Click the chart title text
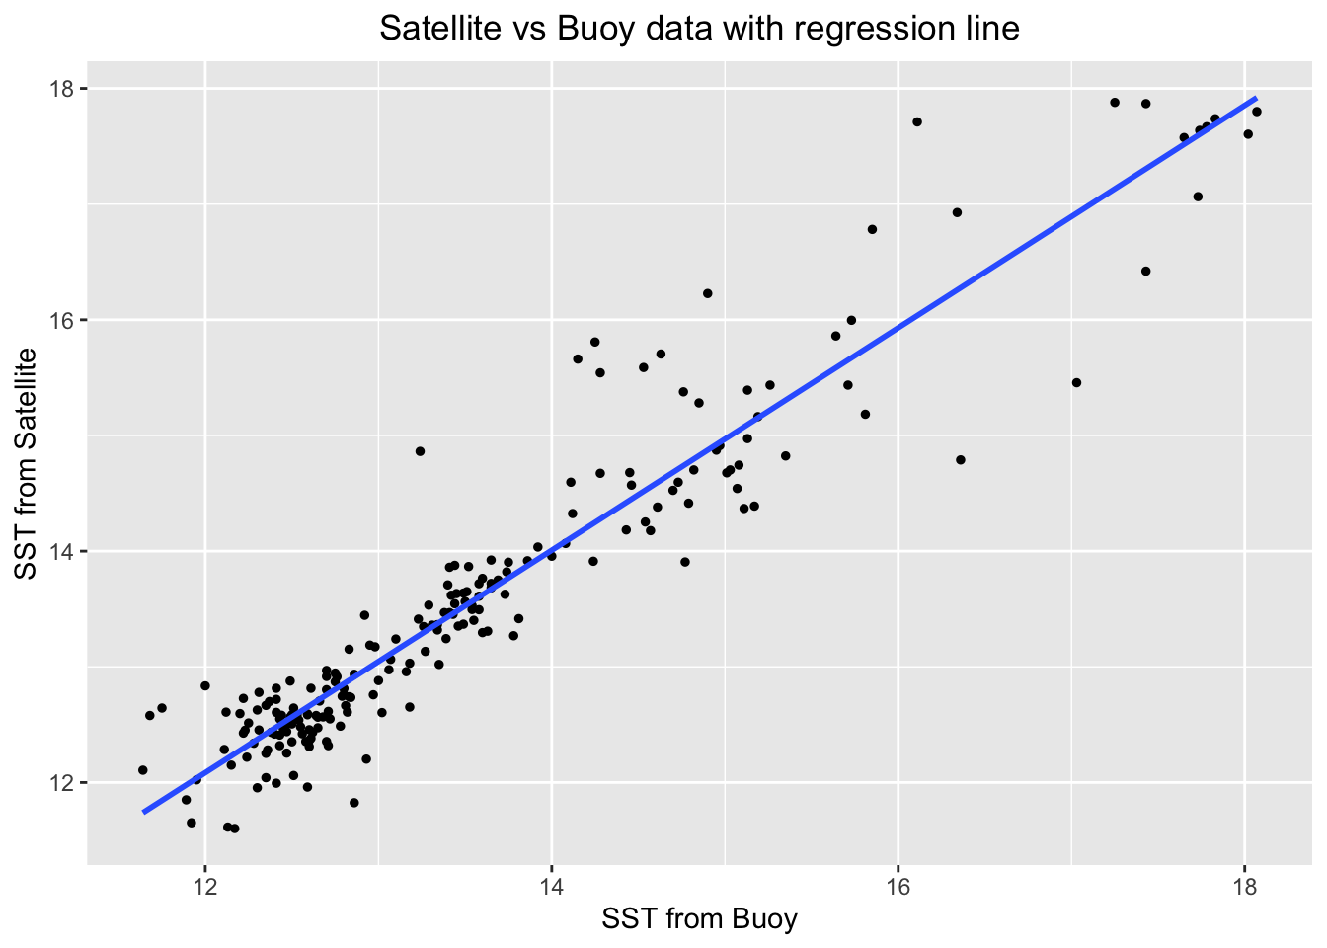[x=699, y=29]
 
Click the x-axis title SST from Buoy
[x=699, y=920]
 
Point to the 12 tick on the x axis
[x=204, y=883]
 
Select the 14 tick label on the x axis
[x=551, y=883]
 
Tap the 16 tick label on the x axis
[x=898, y=883]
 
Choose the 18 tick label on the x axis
[x=1244, y=883]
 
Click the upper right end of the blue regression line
[x=1255, y=99]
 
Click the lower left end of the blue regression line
[x=145, y=812]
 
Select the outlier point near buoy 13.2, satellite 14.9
[x=420, y=451]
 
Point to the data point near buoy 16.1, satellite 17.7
[x=916, y=121]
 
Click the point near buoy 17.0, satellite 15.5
[x=1076, y=382]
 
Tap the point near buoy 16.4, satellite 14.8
[x=960, y=459]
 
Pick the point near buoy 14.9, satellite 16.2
[x=707, y=293]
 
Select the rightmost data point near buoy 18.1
[x=1256, y=112]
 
